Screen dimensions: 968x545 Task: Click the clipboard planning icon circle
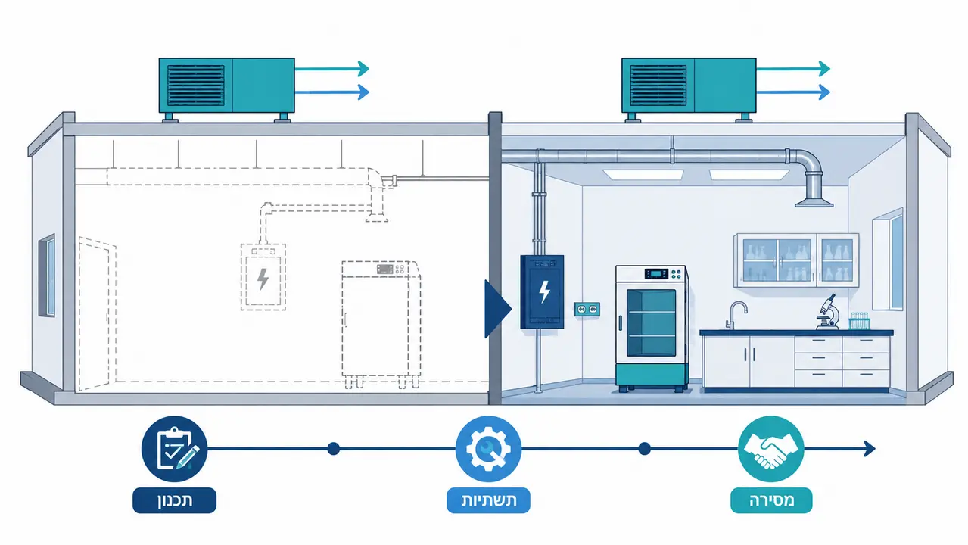[x=174, y=449]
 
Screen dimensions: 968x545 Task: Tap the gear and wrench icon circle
[x=488, y=449]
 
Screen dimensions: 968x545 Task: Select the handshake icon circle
[x=771, y=449]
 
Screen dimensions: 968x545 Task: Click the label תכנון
[x=175, y=500]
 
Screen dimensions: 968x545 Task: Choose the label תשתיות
[x=488, y=500]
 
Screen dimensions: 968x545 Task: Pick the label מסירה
[x=771, y=500]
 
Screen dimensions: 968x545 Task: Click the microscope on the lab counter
[x=828, y=312]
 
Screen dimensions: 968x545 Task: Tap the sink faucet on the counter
[x=736, y=315]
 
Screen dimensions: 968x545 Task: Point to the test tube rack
[x=859, y=321]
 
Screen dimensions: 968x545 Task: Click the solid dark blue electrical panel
[x=543, y=291]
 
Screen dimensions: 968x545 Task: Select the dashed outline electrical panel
[x=263, y=277]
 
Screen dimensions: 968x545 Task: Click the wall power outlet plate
[x=587, y=309]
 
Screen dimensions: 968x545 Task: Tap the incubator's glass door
[x=651, y=323]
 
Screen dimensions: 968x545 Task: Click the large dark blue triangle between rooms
[x=498, y=309]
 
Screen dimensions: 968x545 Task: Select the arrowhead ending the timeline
[x=870, y=449]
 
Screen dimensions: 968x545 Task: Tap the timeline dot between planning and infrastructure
[x=334, y=449]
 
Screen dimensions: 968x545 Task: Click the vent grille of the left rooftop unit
[x=196, y=85]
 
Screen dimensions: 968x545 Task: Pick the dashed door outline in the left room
[x=97, y=313]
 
